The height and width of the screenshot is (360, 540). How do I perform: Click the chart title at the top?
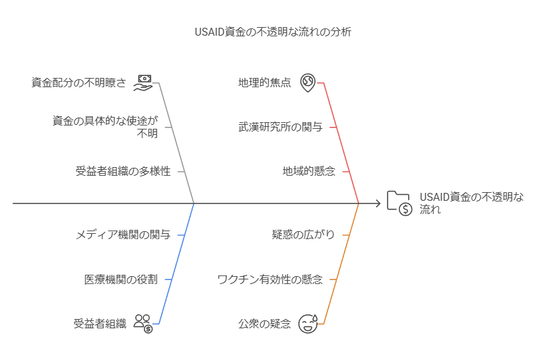(x=273, y=32)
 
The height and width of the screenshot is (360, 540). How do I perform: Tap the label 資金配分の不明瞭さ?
(x=79, y=83)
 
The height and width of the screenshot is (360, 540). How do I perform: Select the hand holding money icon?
(x=143, y=83)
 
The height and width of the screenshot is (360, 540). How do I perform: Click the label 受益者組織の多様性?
(x=123, y=171)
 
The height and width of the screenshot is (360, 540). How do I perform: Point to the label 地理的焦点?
(x=265, y=83)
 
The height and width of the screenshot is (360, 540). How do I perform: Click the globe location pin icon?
(x=308, y=83)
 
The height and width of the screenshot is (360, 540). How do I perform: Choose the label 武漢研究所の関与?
(x=281, y=127)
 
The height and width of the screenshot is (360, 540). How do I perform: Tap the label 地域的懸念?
(x=308, y=171)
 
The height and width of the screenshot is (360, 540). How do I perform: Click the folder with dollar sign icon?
(x=399, y=203)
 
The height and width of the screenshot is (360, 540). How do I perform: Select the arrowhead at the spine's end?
(x=378, y=203)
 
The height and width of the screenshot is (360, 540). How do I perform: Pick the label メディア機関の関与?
(x=123, y=235)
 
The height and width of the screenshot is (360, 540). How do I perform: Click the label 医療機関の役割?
(x=121, y=279)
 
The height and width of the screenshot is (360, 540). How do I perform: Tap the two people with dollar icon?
(x=143, y=324)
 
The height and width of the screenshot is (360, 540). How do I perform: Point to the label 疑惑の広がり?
(x=303, y=235)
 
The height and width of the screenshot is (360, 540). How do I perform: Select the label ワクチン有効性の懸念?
(x=270, y=279)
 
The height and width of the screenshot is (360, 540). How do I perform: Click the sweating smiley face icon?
(x=308, y=324)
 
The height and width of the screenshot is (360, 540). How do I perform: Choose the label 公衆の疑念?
(x=265, y=324)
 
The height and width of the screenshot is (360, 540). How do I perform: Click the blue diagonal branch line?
(x=176, y=264)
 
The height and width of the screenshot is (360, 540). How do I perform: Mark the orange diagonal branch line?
(x=341, y=264)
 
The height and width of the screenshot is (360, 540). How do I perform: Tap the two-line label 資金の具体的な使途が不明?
(x=105, y=127)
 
